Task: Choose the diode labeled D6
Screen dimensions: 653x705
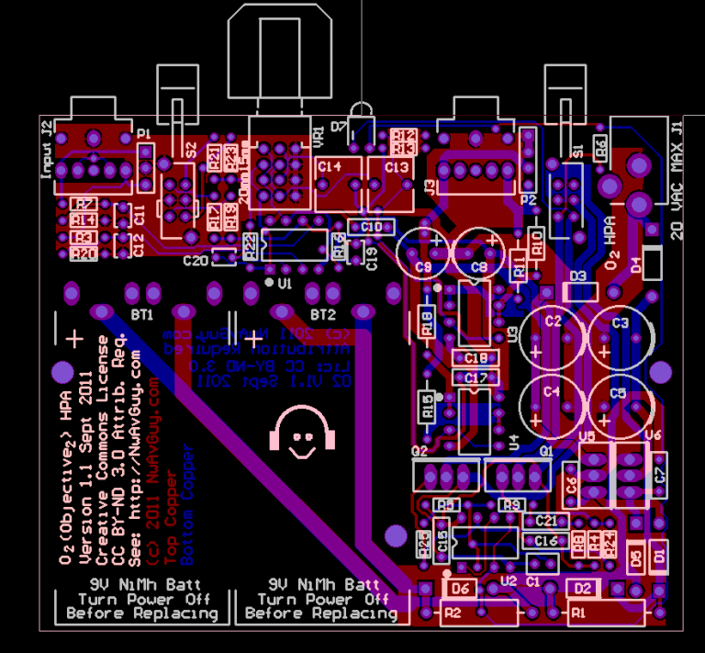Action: click(x=460, y=588)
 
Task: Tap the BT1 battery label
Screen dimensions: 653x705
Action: click(x=142, y=315)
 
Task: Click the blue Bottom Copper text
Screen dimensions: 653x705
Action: click(x=188, y=504)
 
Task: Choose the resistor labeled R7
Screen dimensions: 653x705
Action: click(x=84, y=204)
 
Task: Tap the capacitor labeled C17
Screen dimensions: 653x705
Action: click(x=475, y=377)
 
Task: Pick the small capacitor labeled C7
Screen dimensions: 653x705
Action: click(x=658, y=473)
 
